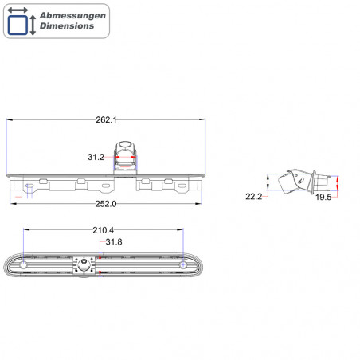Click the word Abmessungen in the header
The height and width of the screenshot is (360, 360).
(72, 16)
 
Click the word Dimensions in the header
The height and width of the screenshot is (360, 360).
(67, 26)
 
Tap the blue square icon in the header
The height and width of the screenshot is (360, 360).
(18, 25)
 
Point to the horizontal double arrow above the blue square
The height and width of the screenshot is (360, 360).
(18, 10)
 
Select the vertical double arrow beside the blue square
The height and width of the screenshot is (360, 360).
(33, 25)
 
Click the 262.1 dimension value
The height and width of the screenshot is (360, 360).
(106, 120)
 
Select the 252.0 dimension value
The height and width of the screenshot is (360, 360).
(106, 204)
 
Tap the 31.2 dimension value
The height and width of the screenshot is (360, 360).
(96, 157)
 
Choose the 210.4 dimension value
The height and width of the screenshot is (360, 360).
(104, 230)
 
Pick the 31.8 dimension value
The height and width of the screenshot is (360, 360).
(114, 242)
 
